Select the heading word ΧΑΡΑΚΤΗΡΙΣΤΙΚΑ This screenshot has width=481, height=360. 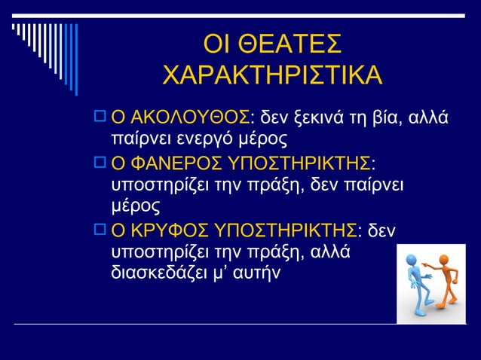coord(272,76)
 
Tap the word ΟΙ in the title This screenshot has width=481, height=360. coord(218,44)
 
